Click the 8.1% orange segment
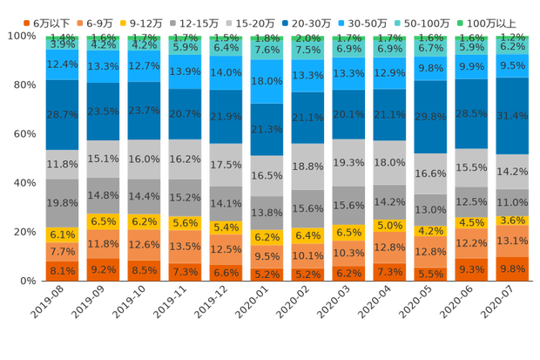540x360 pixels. click(62, 270)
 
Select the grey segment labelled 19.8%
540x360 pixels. click(62, 203)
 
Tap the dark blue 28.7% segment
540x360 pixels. click(62, 115)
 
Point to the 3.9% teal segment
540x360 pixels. click(62, 44)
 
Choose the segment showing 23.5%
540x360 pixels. click(103, 112)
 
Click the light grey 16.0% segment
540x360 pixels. click(143, 160)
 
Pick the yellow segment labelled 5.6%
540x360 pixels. click(184, 222)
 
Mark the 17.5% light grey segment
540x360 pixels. click(226, 165)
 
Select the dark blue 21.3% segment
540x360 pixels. click(267, 129)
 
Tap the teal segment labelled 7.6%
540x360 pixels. click(267, 50)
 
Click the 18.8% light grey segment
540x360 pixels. click(307, 166)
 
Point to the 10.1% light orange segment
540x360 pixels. click(307, 255)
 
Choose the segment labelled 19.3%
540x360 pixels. click(348, 162)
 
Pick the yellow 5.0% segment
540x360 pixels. click(389, 225)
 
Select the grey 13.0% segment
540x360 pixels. click(430, 210)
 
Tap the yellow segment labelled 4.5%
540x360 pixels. click(471, 222)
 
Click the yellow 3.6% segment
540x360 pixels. click(512, 221)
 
